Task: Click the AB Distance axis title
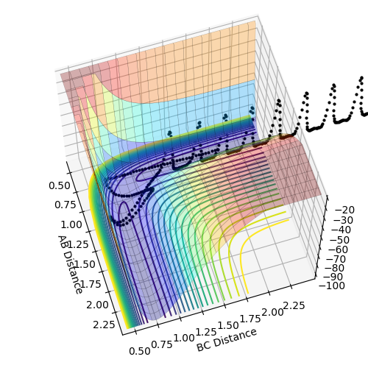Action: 70,264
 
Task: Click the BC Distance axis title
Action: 227,340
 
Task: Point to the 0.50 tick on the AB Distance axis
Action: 60,185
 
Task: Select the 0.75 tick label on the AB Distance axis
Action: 66,205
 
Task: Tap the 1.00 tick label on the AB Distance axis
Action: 71,224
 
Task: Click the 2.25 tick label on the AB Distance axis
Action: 104,325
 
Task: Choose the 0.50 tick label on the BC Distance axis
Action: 140,351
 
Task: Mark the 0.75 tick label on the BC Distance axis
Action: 162,344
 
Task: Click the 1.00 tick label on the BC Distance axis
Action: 184,339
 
